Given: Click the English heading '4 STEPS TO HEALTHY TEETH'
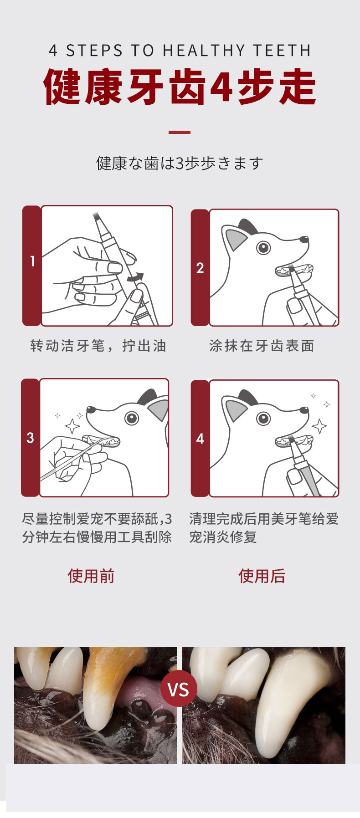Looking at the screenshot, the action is tap(180, 51).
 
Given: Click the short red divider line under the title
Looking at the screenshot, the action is tap(180, 132).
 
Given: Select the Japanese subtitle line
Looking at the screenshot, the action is tap(180, 163).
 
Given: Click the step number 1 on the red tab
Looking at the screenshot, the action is tap(32, 261).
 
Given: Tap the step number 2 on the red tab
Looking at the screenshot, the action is tap(200, 268).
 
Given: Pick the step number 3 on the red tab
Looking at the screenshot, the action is tap(30, 438).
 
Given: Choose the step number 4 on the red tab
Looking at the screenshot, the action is tap(200, 439).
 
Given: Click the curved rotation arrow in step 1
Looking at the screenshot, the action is tap(135, 276).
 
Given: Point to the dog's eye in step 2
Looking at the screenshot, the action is tap(263, 247).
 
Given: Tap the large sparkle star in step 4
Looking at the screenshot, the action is tap(319, 426).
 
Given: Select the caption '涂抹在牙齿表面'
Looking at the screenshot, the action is tap(262, 346).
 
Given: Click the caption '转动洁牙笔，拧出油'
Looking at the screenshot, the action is tap(98, 346).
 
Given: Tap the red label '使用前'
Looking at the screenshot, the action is tap(91, 576).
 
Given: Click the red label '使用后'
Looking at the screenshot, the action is tap(262, 576).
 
